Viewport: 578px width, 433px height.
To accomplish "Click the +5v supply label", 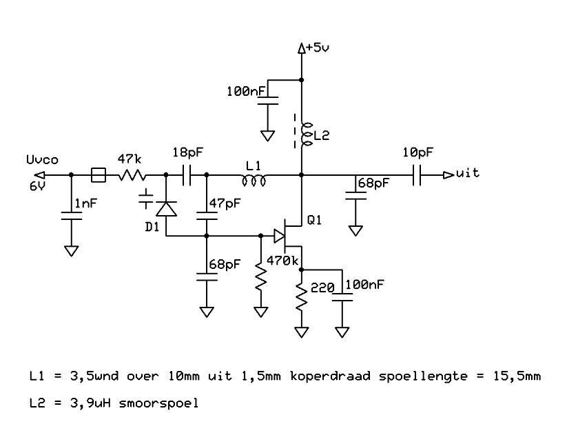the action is [318, 48].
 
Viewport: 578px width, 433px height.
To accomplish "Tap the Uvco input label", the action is [43, 160].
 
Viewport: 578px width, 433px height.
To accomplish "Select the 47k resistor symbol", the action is [132, 175].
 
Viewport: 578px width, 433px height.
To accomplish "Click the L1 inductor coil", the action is [254, 181].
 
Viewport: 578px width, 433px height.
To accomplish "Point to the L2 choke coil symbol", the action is [307, 134].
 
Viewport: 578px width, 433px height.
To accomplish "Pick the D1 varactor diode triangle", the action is [166, 208].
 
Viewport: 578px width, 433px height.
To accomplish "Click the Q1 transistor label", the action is [314, 220].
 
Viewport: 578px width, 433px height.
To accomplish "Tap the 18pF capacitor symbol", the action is [187, 175].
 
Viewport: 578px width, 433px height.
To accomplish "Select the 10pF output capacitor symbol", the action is [417, 175].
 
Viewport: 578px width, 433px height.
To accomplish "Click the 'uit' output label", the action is [468, 172].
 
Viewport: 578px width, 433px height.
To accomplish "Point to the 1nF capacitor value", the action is [86, 203].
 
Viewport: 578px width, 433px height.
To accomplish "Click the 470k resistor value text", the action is [282, 261].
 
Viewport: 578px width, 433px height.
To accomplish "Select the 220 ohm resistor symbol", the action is [302, 297].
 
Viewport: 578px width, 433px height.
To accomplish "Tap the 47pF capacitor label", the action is [225, 203].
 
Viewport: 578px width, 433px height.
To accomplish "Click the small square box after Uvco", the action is [99, 175].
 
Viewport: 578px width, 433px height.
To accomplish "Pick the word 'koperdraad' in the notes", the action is [330, 376].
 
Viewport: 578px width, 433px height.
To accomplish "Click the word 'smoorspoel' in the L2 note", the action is [159, 403].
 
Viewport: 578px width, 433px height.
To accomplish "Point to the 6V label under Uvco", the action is [37, 186].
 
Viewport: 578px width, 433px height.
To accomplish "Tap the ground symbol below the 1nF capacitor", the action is [71, 251].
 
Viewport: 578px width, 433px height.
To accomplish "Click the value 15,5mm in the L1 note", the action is [517, 376].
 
